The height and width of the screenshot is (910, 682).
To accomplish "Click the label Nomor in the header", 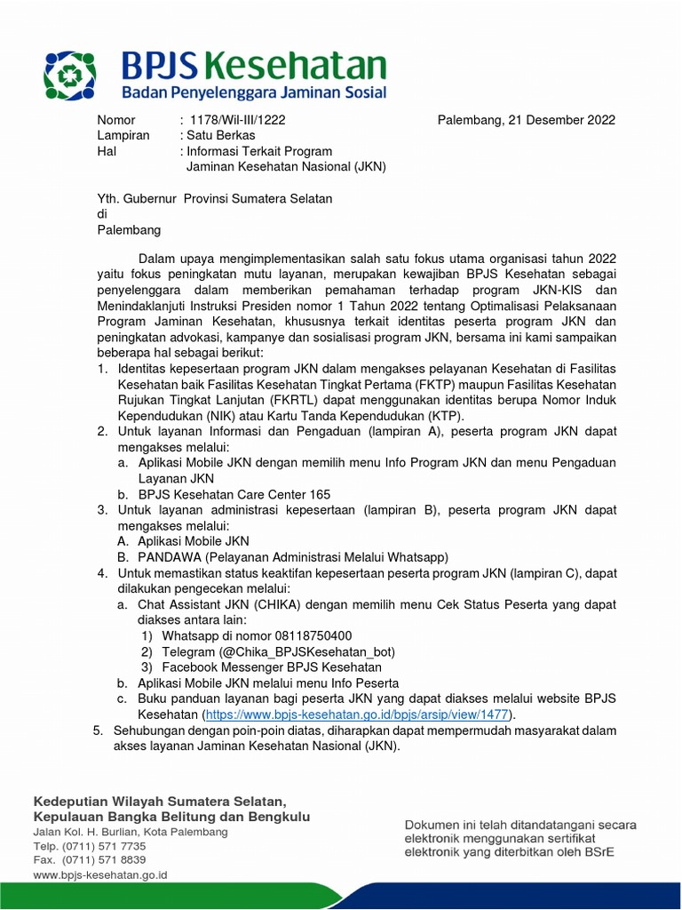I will [x=115, y=120].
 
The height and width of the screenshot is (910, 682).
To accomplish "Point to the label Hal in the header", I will [x=106, y=151].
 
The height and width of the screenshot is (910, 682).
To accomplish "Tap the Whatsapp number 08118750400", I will [x=301, y=635].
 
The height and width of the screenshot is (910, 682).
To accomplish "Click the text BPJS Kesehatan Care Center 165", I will [x=234, y=494].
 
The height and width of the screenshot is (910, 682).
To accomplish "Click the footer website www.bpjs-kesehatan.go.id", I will [x=100, y=875].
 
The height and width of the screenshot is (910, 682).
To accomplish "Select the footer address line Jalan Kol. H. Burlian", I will [x=131, y=832].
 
